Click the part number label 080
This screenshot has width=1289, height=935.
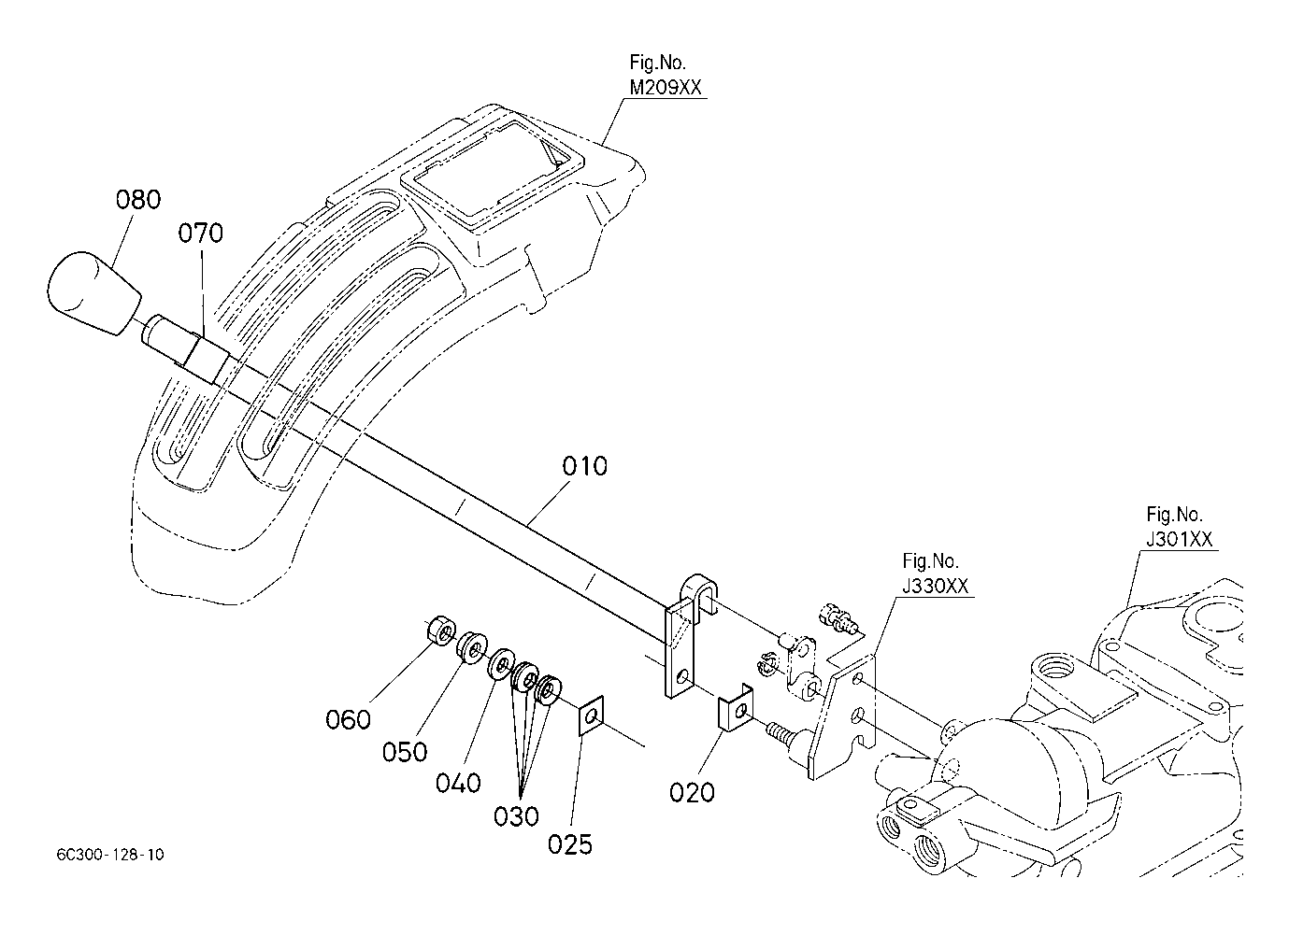point(138,200)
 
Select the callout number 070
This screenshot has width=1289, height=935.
point(200,233)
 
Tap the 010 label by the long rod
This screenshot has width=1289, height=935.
point(584,466)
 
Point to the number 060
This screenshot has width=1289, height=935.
point(348,719)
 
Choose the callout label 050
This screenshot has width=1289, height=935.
point(405,752)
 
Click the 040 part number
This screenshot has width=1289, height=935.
point(458,783)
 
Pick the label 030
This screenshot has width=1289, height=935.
point(516,816)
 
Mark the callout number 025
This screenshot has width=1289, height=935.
point(569,844)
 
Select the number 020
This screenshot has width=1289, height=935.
point(692,793)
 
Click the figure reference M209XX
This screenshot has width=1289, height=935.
point(666,88)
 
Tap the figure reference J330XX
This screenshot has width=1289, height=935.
point(935,586)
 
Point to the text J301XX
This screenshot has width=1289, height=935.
point(1179,539)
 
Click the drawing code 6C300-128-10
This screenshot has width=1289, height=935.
point(110,855)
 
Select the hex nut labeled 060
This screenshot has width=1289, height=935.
point(441,632)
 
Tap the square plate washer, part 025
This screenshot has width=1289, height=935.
point(591,715)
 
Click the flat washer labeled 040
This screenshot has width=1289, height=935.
point(501,664)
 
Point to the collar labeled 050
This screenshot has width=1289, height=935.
point(472,648)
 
